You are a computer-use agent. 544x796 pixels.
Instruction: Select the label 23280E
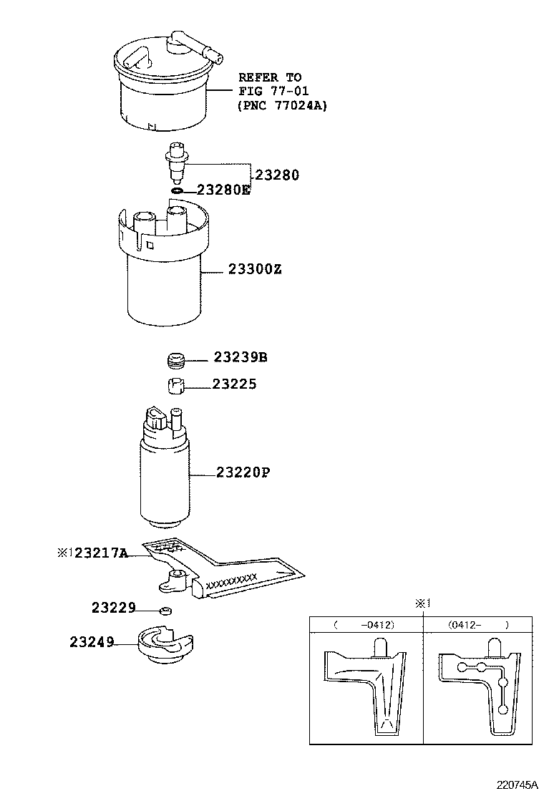(223, 190)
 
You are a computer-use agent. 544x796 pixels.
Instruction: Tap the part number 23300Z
(255, 270)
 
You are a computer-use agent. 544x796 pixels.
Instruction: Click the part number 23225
(234, 384)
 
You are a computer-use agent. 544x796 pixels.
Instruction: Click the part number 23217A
(101, 553)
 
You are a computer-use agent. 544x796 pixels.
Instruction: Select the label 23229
(113, 608)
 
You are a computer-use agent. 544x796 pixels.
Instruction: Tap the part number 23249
(92, 642)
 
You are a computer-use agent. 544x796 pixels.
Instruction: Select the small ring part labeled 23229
(165, 611)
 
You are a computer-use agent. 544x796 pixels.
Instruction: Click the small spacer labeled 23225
(177, 385)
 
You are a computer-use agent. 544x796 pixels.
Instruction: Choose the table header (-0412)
(366, 625)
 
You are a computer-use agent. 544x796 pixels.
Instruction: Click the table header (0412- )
(477, 625)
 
